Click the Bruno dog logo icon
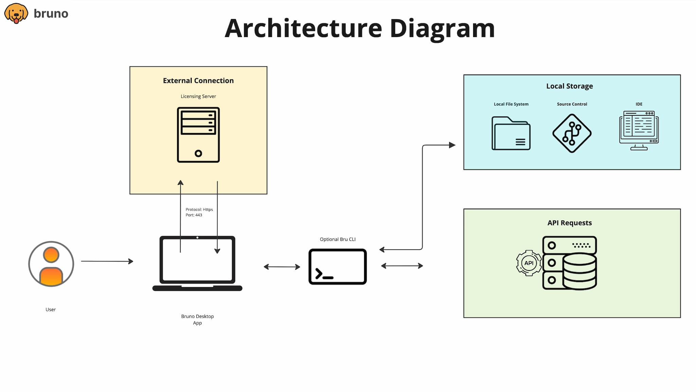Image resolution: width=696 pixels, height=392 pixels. click(x=16, y=13)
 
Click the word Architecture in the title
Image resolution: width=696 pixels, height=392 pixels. click(x=303, y=29)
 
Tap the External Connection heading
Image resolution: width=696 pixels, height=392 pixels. click(x=198, y=81)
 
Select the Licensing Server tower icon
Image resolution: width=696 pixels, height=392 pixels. click(x=198, y=135)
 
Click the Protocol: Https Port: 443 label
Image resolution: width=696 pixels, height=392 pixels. click(x=199, y=212)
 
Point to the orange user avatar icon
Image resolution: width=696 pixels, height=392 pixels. click(x=51, y=264)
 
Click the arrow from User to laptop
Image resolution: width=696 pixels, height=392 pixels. click(x=107, y=261)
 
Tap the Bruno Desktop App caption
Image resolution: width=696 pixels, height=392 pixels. click(x=197, y=320)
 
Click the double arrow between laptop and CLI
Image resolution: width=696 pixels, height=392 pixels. click(x=282, y=267)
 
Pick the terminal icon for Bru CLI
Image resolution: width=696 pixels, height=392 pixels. click(x=337, y=267)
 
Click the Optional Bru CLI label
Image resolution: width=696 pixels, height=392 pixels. click(x=337, y=239)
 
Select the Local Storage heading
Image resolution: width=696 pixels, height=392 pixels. click(x=569, y=86)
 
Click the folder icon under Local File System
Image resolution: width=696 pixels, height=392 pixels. click(x=511, y=133)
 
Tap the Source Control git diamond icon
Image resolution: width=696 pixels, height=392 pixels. click(x=572, y=133)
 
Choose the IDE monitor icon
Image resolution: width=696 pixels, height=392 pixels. click(x=639, y=130)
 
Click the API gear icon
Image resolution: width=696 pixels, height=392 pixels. click(x=528, y=263)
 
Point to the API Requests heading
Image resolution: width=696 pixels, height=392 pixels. click(x=569, y=223)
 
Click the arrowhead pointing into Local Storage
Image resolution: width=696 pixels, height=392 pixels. click(x=452, y=145)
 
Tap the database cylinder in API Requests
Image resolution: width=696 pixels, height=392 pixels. click(x=579, y=271)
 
